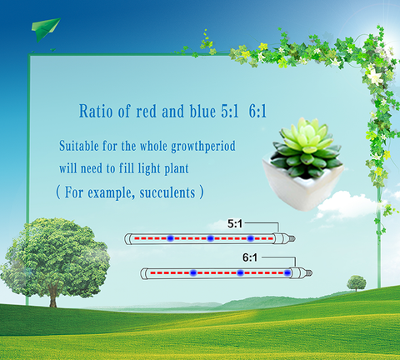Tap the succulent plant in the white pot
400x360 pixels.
point(307,147)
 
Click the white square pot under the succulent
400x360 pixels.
point(302,186)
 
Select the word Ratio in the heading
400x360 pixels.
point(96,112)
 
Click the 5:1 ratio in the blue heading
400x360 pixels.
point(230,112)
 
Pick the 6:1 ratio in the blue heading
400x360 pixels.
point(257,112)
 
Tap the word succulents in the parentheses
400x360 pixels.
point(167,192)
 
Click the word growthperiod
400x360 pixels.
point(203,147)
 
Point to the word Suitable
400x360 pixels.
point(79,146)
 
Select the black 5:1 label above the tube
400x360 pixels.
point(235,223)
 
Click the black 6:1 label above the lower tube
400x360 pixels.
point(250,257)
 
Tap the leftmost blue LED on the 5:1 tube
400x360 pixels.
point(170,238)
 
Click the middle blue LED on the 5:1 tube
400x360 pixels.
point(210,238)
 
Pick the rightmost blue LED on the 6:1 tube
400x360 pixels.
point(287,273)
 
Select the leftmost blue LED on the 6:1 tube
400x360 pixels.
point(193,273)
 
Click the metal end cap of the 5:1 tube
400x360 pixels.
point(292,238)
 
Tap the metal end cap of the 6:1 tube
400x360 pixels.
point(308,273)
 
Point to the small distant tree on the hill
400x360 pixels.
point(357,283)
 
